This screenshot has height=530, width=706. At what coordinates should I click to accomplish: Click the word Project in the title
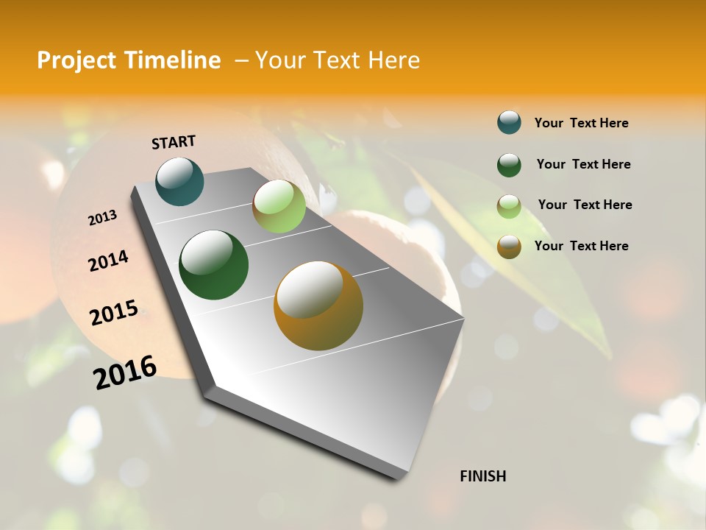point(76,60)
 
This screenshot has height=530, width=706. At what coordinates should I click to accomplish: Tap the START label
point(174,142)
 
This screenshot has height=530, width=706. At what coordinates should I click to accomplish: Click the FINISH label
point(483,476)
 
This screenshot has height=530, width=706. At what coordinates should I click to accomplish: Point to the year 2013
point(102,218)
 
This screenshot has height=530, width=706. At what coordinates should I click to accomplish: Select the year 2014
point(108,261)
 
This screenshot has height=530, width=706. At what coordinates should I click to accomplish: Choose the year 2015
point(114,313)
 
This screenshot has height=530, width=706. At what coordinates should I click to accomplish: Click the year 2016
point(125,372)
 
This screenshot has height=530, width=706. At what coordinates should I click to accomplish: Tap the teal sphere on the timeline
point(179,181)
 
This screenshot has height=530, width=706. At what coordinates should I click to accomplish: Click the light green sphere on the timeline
point(279,206)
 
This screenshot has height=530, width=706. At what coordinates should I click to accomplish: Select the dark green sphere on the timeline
point(213,265)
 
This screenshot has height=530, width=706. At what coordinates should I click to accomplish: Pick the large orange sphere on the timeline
point(318,305)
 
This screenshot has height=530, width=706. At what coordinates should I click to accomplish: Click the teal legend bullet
point(509,122)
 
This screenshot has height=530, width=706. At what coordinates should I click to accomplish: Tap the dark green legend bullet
point(509,164)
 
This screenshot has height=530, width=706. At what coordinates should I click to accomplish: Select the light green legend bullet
point(509,205)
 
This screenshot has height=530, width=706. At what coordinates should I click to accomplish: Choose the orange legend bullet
point(509,246)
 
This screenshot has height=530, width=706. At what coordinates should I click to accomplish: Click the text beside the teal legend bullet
point(582,123)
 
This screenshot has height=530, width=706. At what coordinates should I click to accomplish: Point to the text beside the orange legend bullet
point(582,246)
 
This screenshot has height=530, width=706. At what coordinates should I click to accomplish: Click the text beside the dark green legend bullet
point(584,164)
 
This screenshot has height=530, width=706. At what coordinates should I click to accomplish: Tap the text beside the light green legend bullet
point(585,205)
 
